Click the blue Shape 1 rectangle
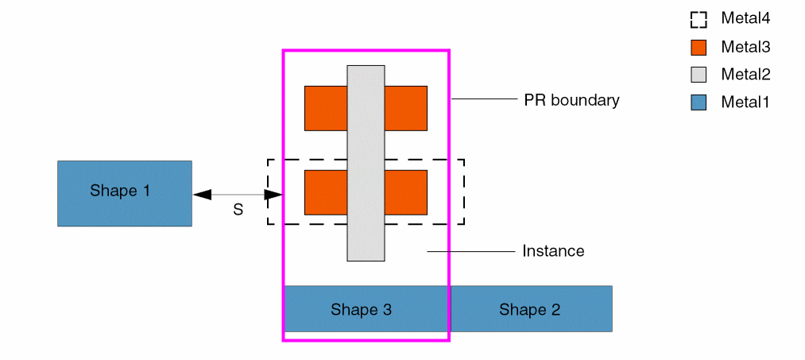tap(124, 193)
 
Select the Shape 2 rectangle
tap(531, 308)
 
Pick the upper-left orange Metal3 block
tap(326, 108)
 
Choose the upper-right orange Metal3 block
tap(406, 108)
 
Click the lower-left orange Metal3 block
tap(326, 192)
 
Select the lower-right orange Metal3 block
tap(406, 192)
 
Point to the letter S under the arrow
tap(238, 211)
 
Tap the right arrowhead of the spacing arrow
tap(273, 194)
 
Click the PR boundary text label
tap(571, 100)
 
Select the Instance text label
tap(553, 251)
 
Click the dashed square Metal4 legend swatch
tap(699, 19)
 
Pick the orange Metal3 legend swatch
tap(699, 47)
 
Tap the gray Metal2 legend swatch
tap(699, 75)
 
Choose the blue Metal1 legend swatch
tap(699, 102)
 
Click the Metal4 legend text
tap(745, 17)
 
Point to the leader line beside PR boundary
tap(484, 99)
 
